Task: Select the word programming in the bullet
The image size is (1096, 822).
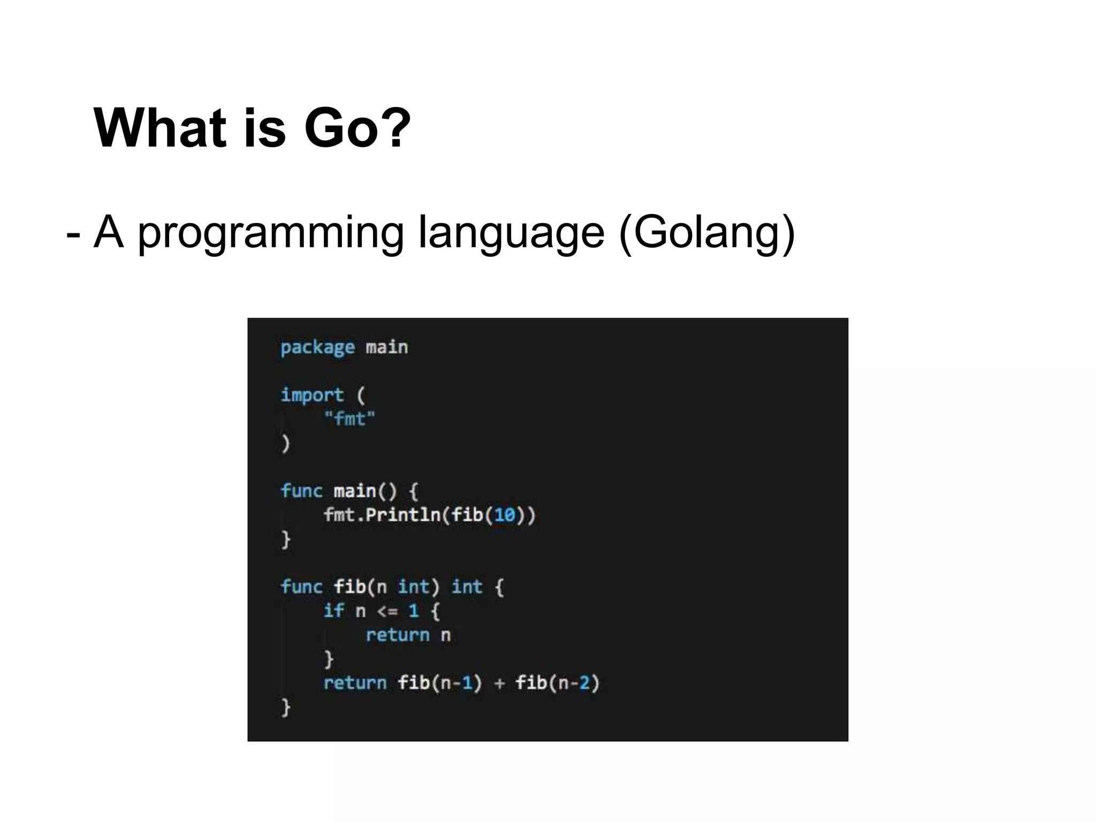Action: coord(270,233)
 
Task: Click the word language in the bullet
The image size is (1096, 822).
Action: coord(511,233)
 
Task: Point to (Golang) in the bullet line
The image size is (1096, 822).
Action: coord(706,233)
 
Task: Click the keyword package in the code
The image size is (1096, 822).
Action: coord(317,348)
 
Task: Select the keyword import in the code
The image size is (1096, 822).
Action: coord(312,395)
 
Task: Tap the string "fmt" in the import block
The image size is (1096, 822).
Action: coord(349,418)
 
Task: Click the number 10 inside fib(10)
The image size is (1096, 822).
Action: coord(504,515)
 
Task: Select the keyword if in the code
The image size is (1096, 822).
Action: coord(333,611)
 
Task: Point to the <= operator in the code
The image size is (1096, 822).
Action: coord(387,611)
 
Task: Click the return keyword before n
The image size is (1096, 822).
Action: coord(398,635)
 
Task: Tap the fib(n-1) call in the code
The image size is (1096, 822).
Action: coord(439,683)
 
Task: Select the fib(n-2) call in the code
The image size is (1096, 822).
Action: coord(557,683)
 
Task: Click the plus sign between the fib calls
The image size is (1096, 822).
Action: coord(499,683)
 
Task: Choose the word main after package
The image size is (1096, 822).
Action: coord(386,348)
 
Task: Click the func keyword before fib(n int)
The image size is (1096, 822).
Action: coord(301,587)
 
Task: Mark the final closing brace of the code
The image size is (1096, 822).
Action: coord(286,707)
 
